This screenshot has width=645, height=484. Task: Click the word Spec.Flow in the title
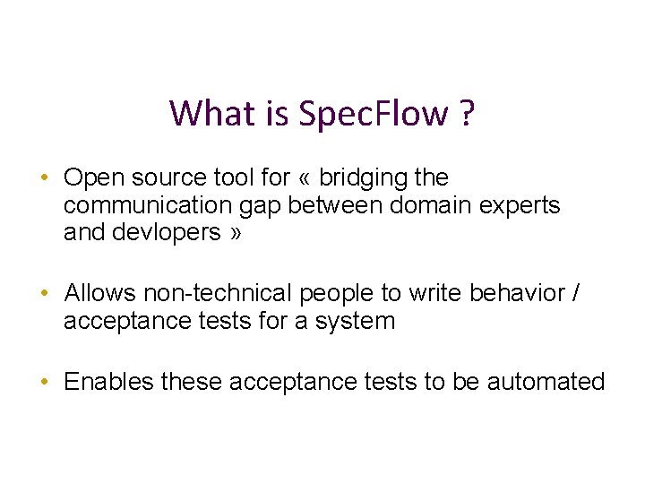(x=374, y=114)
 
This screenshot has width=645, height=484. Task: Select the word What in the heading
(x=203, y=114)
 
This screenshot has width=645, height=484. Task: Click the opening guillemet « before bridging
(x=305, y=177)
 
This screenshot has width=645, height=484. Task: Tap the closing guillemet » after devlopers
(x=235, y=233)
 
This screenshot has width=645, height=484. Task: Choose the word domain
(x=425, y=205)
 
